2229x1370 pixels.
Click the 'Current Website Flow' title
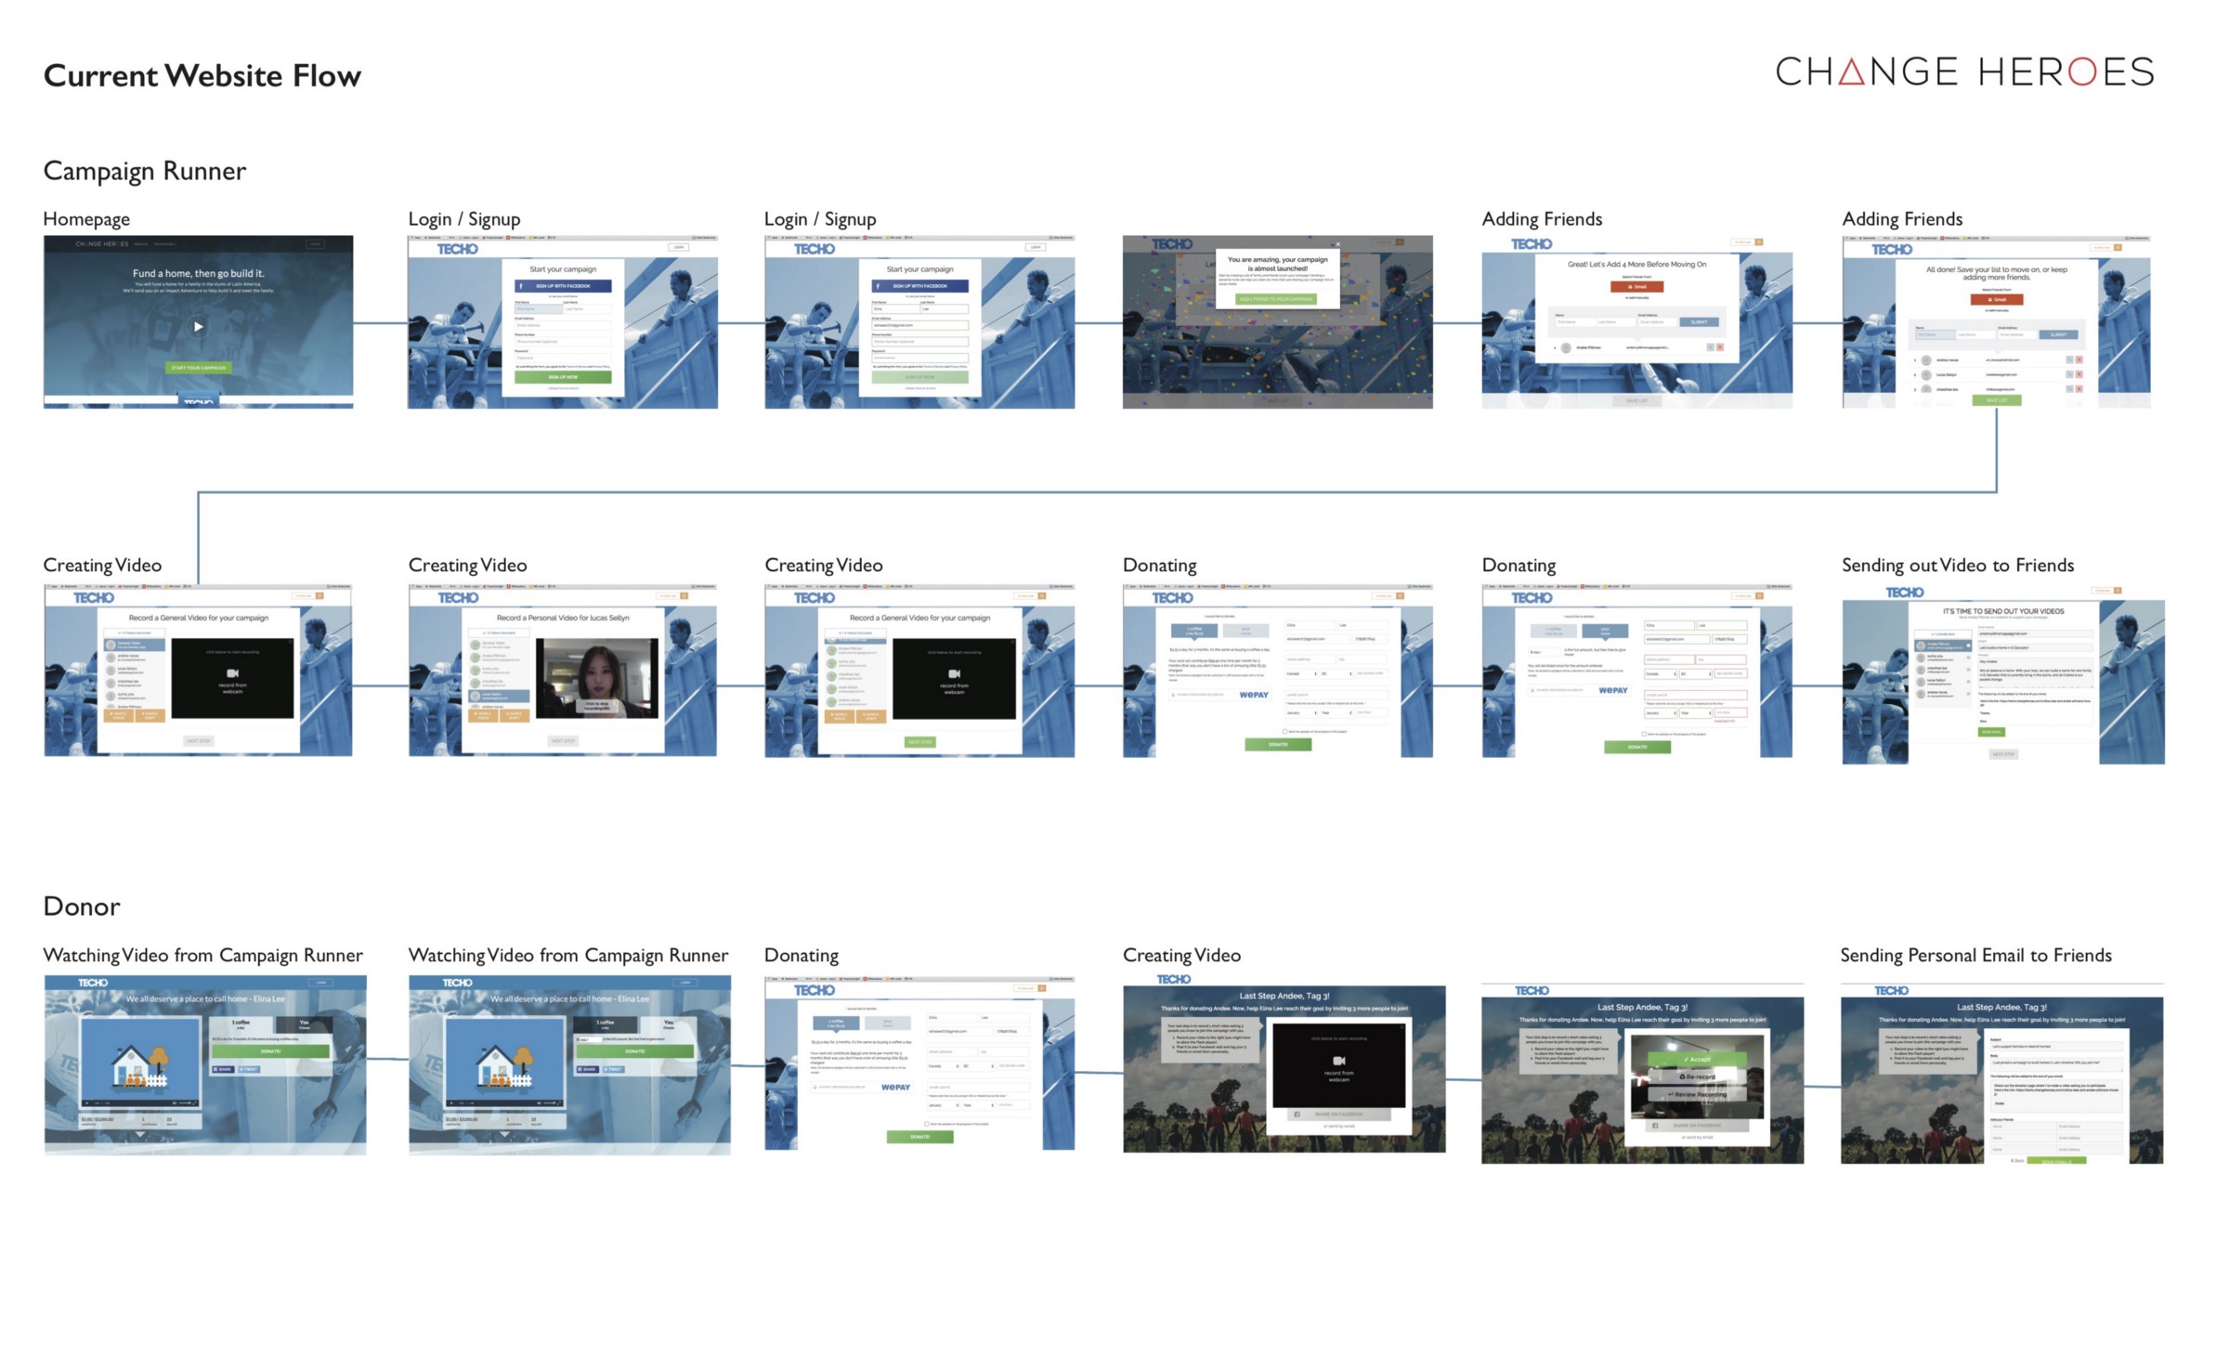pos(202,75)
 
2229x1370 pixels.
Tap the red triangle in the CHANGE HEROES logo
pos(1851,72)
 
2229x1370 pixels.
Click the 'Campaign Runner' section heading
pos(144,171)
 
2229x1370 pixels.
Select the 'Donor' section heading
pos(82,906)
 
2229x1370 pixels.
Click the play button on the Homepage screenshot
pos(198,326)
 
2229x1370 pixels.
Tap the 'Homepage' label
pos(86,219)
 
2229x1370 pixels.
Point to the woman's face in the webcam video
pos(594,669)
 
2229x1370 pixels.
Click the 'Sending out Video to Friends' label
pos(1957,565)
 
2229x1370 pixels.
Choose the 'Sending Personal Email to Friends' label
pos(1975,955)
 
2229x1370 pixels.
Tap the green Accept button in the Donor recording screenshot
pos(1696,1059)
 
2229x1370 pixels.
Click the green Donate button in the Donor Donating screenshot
pos(919,1137)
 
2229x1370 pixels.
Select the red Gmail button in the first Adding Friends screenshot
pos(1636,286)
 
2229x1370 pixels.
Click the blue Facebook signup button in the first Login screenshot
pos(563,286)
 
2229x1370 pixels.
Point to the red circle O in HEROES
pos(2082,72)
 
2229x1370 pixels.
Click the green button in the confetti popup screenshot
pos(1276,299)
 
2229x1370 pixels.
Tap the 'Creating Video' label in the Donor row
pos(1181,955)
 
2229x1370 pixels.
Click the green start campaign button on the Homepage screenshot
pos(198,368)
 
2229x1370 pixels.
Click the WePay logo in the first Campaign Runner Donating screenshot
pos(1254,695)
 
